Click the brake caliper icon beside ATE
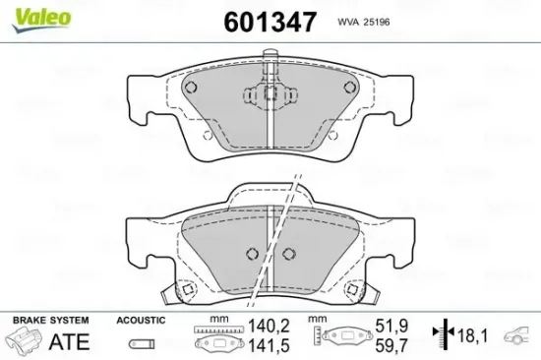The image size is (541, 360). coord(24,343)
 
